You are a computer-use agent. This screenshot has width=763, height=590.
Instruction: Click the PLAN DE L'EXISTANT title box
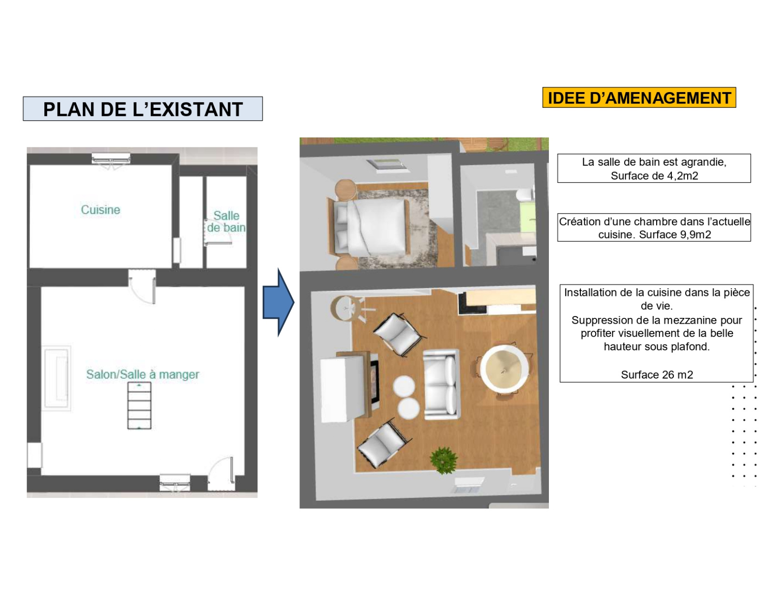[143, 108]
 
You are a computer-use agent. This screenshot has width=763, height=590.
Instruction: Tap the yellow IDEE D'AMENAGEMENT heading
[639, 97]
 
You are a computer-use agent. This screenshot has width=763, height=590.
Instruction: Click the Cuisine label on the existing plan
[101, 210]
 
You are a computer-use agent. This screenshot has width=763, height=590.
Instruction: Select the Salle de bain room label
[226, 221]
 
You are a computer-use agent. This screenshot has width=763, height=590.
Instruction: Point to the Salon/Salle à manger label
[143, 374]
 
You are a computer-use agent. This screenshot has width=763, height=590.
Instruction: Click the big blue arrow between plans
[278, 302]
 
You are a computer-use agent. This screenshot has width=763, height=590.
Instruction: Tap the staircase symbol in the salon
[139, 406]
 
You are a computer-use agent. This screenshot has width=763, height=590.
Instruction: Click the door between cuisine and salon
[142, 286]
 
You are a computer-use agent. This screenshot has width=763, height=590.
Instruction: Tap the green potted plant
[443, 460]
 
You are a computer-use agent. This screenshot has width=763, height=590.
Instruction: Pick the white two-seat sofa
[441, 384]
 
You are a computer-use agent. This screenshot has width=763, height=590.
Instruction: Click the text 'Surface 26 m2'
[657, 375]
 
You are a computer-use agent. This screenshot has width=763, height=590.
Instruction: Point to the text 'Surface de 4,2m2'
[654, 175]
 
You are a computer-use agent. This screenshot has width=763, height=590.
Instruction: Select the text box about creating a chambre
[654, 227]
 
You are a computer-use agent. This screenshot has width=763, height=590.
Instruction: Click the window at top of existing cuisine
[111, 158]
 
